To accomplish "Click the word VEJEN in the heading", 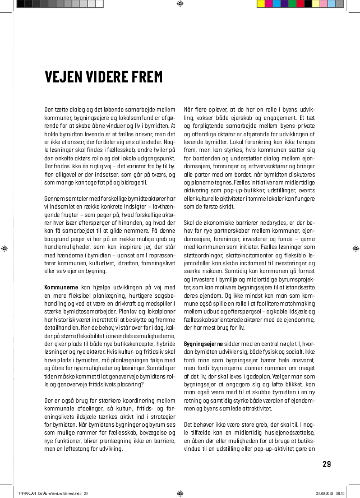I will [x=62, y=76].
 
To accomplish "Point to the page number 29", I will [x=327, y=464].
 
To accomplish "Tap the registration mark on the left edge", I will [x=4, y=248].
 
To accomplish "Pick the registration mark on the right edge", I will [x=355, y=248].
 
